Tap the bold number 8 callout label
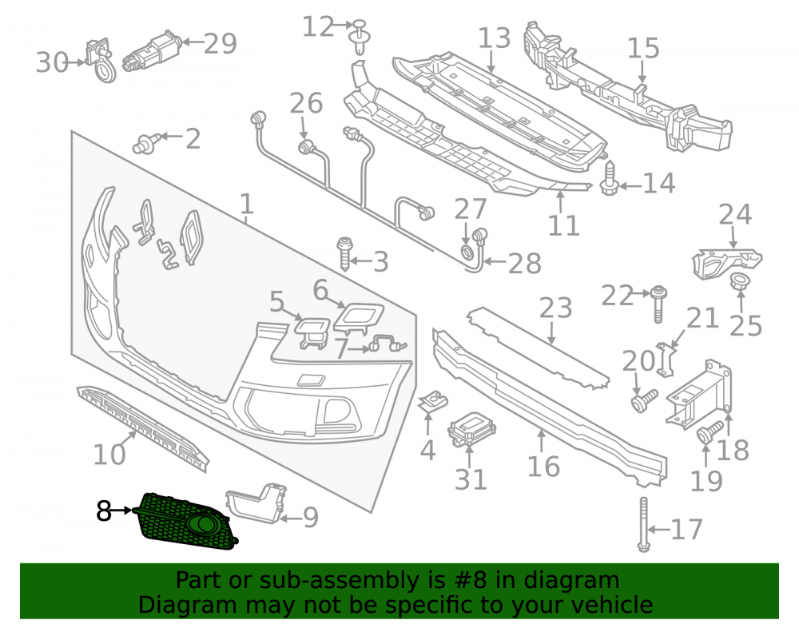[103, 511]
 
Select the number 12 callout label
[318, 26]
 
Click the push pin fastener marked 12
[360, 38]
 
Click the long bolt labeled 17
[643, 525]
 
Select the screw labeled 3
[345, 253]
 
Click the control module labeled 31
[471, 429]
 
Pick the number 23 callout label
[555, 308]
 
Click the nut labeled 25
[738, 282]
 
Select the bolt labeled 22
[658, 304]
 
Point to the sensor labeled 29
[153, 50]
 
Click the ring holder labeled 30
[101, 60]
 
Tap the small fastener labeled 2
[147, 144]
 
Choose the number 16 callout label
[543, 466]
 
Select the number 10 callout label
[109, 454]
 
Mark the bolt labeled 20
[644, 399]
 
